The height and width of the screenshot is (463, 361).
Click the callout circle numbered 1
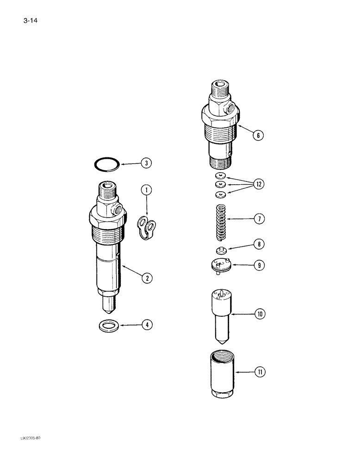(x=146, y=189)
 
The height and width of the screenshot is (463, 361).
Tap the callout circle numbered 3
(x=146, y=163)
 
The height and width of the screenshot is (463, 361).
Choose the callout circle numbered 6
(x=258, y=135)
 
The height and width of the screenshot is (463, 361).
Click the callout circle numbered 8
(x=258, y=244)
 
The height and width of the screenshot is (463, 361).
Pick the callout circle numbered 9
(x=258, y=265)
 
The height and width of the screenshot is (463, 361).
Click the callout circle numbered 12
(x=258, y=184)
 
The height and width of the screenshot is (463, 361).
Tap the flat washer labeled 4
(x=108, y=326)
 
